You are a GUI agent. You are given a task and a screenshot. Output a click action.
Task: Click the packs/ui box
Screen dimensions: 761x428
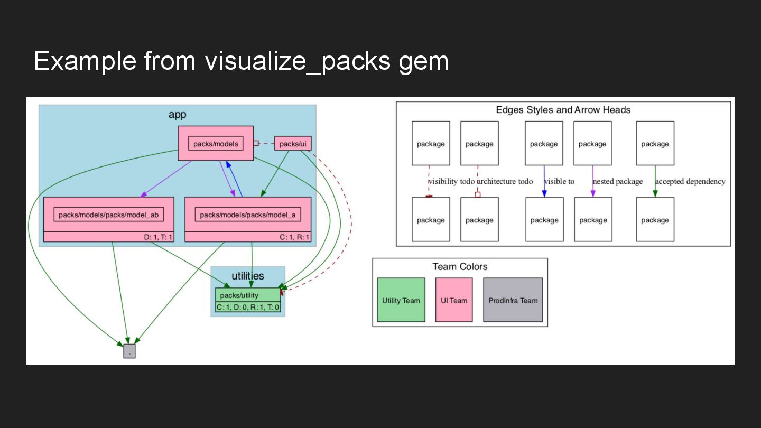[293, 144]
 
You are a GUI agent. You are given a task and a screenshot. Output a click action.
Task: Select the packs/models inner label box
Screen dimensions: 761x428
[216, 144]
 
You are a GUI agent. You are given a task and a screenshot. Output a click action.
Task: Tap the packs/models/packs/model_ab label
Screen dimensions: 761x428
[109, 215]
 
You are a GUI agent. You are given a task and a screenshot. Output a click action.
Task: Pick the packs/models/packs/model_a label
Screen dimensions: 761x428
[248, 215]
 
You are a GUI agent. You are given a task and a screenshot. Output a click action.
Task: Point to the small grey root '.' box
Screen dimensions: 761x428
[129, 351]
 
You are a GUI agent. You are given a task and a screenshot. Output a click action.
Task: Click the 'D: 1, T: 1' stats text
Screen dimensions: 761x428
[158, 237]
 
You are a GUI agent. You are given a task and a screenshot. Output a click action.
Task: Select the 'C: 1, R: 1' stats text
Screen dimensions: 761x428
[294, 237]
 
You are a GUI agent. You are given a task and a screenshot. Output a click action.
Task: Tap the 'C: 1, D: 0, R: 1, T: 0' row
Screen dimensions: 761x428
[248, 308]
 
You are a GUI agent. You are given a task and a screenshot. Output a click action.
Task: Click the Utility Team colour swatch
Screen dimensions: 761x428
[401, 300]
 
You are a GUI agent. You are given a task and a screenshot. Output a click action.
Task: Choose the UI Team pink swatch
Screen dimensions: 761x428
[454, 300]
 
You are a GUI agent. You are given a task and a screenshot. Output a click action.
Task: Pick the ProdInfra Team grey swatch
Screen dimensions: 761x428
[513, 300]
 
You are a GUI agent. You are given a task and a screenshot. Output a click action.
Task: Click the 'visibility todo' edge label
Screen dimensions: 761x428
[451, 181]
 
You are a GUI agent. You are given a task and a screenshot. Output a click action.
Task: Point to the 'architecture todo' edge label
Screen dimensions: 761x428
[505, 181]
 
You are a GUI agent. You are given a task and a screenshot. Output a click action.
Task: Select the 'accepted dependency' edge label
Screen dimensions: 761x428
[690, 181]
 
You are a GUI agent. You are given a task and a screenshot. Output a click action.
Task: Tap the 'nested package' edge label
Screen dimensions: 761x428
[618, 181]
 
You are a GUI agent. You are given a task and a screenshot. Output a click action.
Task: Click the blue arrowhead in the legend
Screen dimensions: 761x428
[544, 193]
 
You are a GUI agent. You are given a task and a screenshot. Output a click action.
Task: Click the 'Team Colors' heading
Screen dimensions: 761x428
[460, 267]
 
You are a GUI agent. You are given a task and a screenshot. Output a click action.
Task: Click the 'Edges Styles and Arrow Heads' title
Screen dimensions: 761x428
[563, 110]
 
